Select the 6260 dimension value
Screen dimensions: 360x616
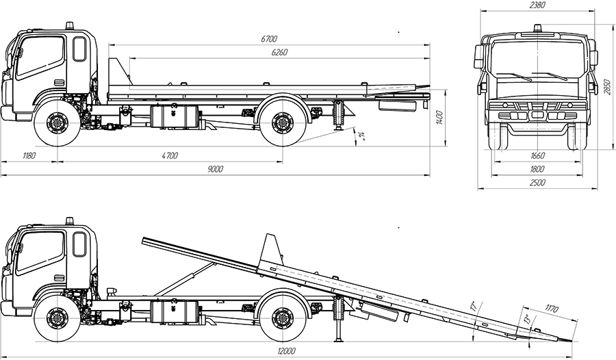click(279, 52)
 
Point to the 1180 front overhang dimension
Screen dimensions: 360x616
click(27, 155)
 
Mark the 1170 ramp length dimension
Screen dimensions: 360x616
click(547, 307)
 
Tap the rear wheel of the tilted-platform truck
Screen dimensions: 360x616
click(282, 318)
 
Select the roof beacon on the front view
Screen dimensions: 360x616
click(537, 29)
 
